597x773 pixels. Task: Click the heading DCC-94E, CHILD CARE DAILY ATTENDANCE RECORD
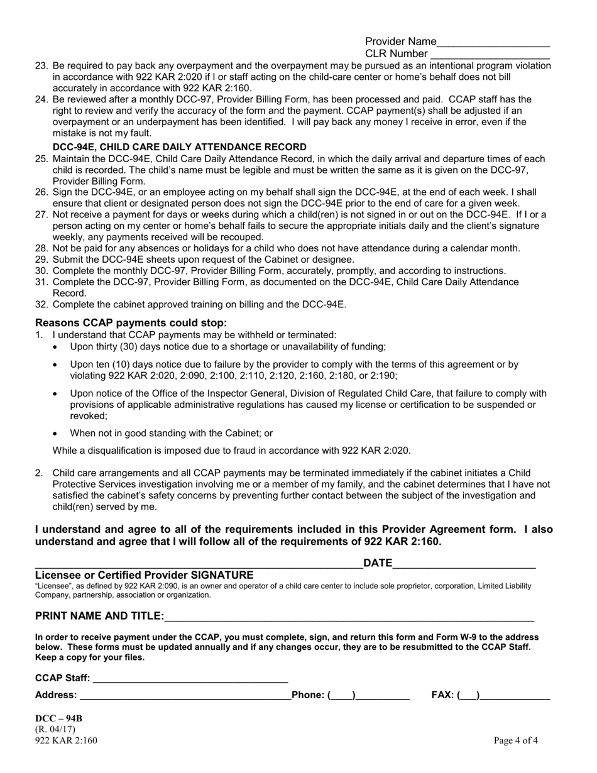(x=180, y=147)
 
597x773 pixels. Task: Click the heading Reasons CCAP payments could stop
(x=131, y=323)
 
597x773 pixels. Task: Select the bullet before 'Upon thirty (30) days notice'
(x=57, y=347)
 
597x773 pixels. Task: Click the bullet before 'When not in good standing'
(x=57, y=434)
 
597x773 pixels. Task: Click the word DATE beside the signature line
(x=378, y=563)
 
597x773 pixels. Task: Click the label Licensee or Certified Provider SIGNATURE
(x=145, y=575)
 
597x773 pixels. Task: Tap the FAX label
(x=443, y=695)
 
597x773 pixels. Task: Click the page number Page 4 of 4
(x=515, y=740)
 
